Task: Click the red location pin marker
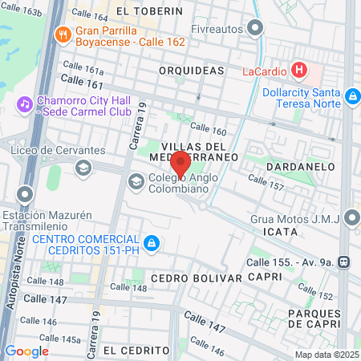click(x=180, y=164)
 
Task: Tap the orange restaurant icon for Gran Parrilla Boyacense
click(x=63, y=34)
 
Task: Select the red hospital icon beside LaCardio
click(x=299, y=70)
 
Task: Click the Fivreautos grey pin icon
click(x=256, y=29)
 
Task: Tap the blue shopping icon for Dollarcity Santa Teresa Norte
click(x=351, y=97)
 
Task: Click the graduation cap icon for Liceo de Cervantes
click(x=83, y=168)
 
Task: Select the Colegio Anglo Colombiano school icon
click(x=136, y=181)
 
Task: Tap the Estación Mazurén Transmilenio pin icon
click(x=25, y=195)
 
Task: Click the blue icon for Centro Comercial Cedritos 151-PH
click(x=150, y=241)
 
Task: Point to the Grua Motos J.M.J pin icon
click(x=351, y=217)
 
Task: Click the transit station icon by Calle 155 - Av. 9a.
click(x=343, y=261)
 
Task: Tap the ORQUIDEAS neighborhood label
click(x=191, y=71)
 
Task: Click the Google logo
click(x=26, y=351)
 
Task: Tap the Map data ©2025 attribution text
click(x=326, y=355)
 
